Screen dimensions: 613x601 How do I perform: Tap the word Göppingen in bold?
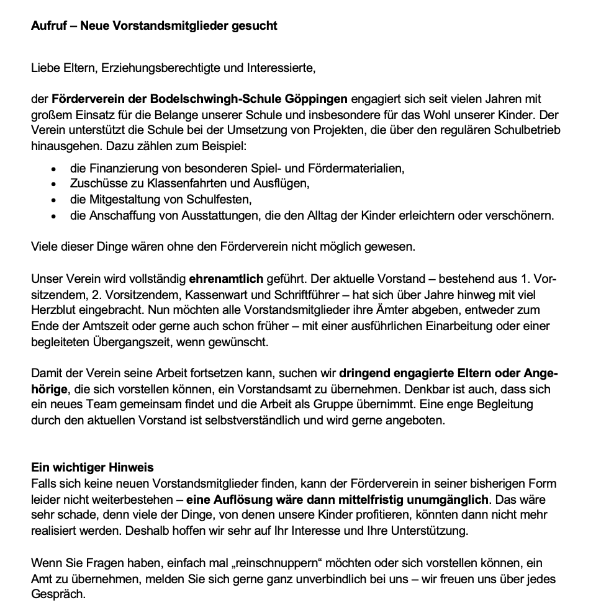pos(317,99)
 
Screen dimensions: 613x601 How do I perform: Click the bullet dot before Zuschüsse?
pos(56,184)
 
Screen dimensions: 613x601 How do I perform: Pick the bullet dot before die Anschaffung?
pos(56,217)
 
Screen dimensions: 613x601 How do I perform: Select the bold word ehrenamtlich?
pos(226,279)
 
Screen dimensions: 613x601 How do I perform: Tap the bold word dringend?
pos(362,375)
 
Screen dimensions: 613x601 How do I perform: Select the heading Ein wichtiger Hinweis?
pos(93,467)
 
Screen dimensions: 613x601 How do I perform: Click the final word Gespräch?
pos(58,594)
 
